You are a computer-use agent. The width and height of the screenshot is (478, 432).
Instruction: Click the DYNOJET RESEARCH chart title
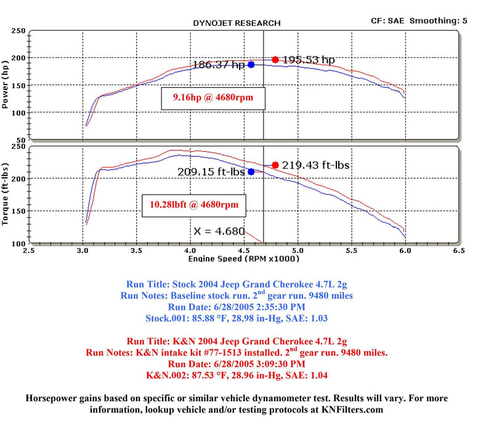pos(237,23)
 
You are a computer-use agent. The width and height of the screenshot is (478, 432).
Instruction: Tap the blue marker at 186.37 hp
pos(251,64)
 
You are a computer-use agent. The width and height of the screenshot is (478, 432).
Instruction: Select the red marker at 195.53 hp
pos(275,60)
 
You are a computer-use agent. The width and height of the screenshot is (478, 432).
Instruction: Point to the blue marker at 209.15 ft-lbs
pos(251,172)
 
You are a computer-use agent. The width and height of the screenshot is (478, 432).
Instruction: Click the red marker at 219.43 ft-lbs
pos(275,165)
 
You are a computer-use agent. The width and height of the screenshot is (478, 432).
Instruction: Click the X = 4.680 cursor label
pos(219,231)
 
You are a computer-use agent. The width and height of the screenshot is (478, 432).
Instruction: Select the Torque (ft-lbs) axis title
pos(6,194)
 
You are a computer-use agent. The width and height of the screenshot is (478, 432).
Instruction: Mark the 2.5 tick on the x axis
pos(29,251)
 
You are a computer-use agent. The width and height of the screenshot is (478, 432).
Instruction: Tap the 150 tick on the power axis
pos(18,85)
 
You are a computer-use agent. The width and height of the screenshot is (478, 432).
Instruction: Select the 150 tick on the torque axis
pos(18,210)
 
